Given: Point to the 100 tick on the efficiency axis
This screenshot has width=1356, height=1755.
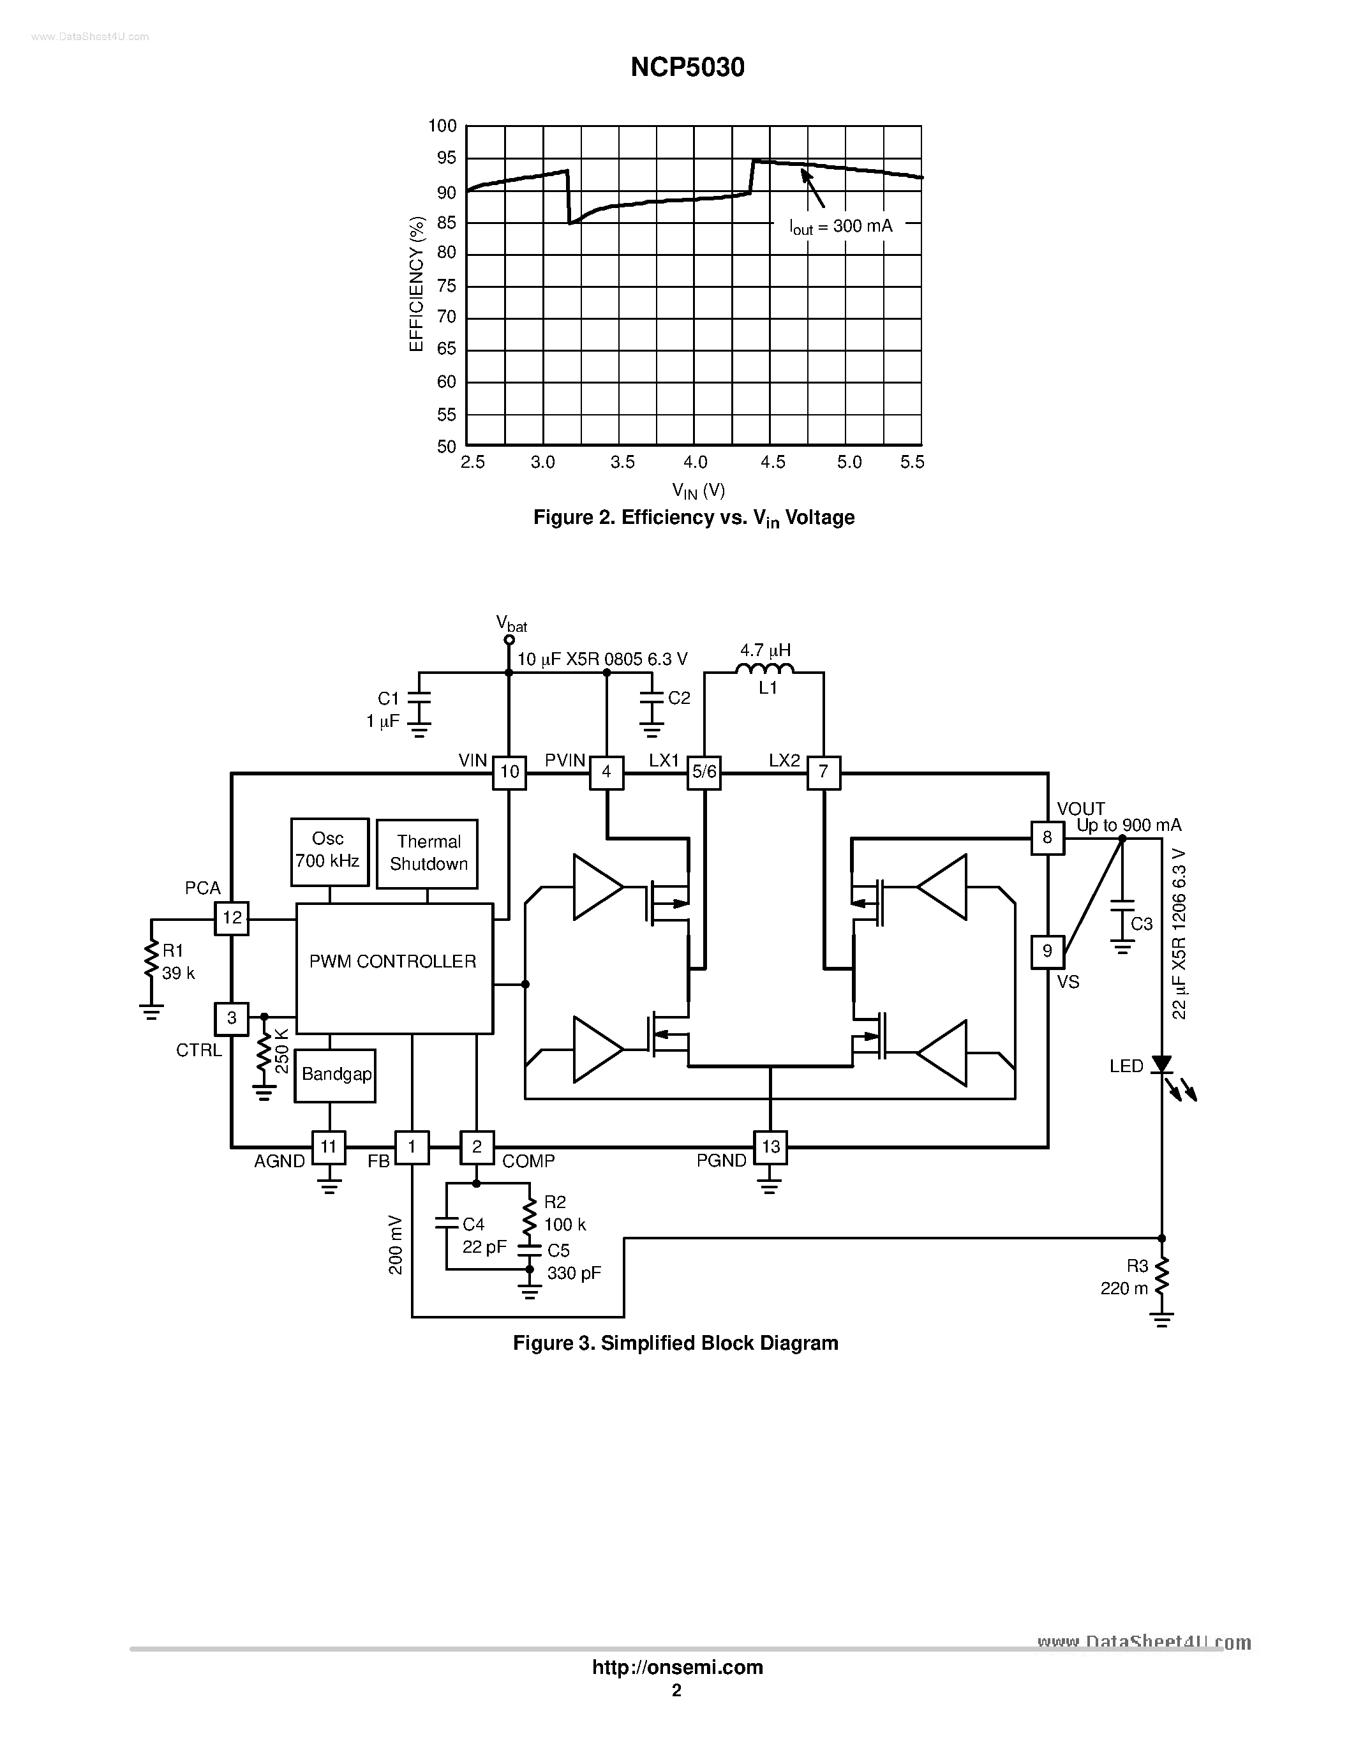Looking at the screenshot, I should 442,126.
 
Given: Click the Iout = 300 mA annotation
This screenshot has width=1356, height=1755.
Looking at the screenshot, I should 840,227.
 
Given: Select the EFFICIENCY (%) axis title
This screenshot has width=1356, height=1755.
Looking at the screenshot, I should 416,283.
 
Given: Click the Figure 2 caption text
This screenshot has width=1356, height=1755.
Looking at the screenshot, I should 693,518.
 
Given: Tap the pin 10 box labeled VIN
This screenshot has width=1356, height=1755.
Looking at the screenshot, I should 509,772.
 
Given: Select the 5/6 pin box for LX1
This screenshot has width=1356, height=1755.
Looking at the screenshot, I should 704,772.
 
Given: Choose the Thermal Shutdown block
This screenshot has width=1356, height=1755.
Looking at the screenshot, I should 428,853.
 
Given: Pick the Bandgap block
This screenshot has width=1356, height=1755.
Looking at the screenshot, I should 335,1075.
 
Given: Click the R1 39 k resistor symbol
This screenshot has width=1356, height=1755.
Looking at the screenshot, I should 150,961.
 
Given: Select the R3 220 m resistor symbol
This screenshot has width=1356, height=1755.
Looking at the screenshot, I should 1161,1278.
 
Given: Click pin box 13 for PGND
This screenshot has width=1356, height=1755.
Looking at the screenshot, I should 770,1147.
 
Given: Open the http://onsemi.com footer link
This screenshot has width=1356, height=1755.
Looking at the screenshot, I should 677,1668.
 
